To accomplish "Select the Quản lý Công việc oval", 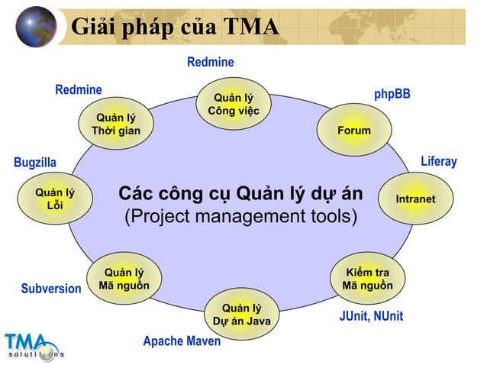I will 233,105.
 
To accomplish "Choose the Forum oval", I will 354,131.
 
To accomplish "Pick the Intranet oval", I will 415,199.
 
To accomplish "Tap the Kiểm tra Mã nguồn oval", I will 367,279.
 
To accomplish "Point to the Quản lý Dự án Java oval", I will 241,314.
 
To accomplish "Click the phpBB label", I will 392,94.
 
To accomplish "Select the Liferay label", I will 438,161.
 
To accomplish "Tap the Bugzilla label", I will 35,163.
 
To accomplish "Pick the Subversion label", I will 50,289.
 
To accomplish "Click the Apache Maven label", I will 182,341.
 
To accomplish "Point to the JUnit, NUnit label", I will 371,316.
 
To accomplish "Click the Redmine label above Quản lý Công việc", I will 210,62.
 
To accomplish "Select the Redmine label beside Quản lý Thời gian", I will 78,90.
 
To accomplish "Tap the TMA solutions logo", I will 34,346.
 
